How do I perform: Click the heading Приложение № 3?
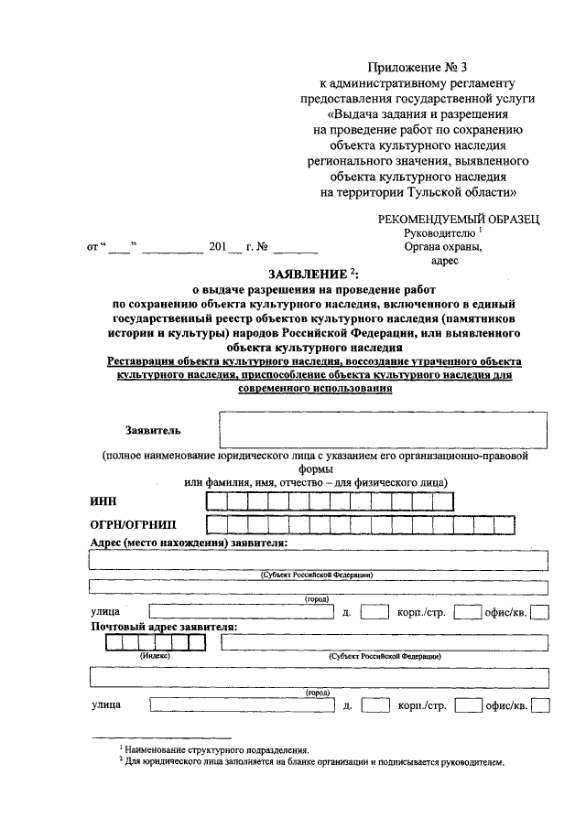(x=415, y=68)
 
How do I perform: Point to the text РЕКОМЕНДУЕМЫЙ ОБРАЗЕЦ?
(x=459, y=219)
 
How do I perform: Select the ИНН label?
(x=103, y=500)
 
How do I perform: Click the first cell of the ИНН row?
(x=217, y=500)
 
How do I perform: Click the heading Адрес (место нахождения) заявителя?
(x=189, y=543)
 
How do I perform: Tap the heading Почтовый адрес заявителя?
(x=164, y=627)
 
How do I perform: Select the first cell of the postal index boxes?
(x=114, y=642)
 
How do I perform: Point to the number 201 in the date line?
(x=217, y=247)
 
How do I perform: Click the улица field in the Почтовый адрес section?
(x=242, y=705)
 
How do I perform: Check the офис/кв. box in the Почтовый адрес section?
(x=540, y=705)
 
